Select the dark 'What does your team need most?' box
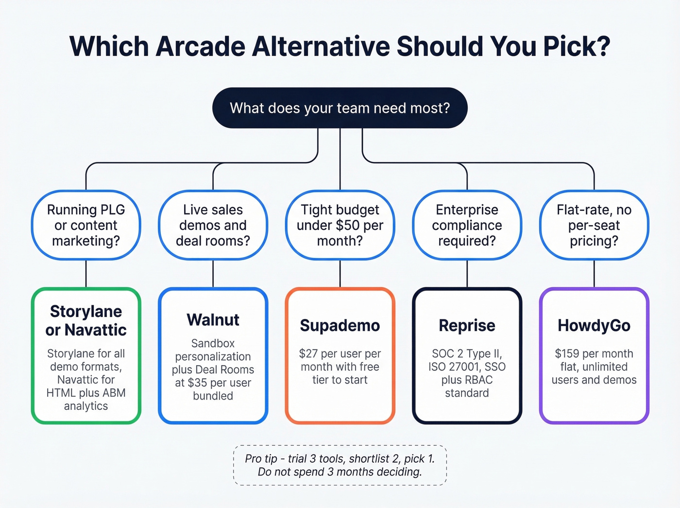[340, 108]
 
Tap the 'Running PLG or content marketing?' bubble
[86, 225]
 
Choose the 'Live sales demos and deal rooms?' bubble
[213, 225]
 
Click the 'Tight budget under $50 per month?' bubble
[340, 225]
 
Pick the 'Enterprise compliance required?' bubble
[467, 225]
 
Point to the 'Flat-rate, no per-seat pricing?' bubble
[594, 225]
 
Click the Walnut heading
[213, 320]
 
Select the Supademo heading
[340, 325]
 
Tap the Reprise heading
[467, 325]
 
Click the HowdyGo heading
[594, 325]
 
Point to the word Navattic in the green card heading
[96, 330]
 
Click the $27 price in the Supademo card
[308, 353]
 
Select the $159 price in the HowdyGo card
[567, 353]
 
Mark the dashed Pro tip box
[340, 465]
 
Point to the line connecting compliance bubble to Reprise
[467, 274]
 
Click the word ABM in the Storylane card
[115, 393]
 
